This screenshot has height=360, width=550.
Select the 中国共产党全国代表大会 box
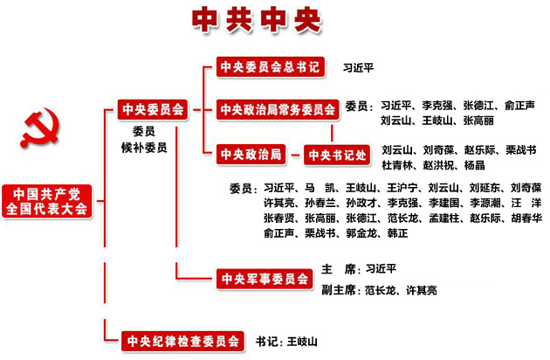tap(46, 201)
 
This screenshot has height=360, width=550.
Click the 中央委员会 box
tap(154, 109)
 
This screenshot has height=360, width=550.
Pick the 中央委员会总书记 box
tap(270, 66)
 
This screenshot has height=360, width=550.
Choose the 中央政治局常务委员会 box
tap(278, 109)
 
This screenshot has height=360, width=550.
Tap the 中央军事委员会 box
tap(265, 280)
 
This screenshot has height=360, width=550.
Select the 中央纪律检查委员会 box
tap(181, 341)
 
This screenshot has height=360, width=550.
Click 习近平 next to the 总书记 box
tap(359, 66)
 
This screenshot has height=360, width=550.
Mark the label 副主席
tap(339, 289)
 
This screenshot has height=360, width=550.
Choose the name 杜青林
tap(400, 164)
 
